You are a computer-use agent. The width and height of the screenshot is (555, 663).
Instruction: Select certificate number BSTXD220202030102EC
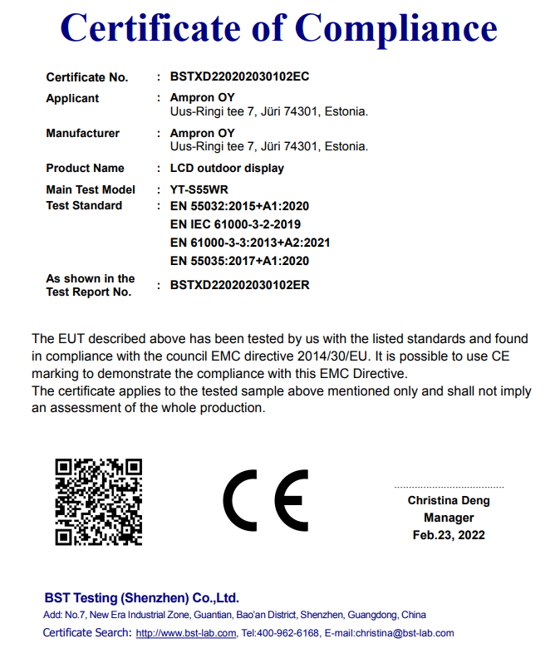[239, 76]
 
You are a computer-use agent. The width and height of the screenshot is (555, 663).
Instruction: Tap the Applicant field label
[72, 98]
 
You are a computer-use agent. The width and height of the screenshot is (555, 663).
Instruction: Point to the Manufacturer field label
[82, 133]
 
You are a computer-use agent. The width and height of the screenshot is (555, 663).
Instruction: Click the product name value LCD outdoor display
[227, 168]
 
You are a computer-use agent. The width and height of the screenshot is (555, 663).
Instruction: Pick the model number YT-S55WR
[199, 189]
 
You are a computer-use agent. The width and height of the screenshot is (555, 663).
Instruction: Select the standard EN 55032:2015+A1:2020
[239, 205]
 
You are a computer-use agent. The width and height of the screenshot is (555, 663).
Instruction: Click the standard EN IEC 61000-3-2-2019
[235, 224]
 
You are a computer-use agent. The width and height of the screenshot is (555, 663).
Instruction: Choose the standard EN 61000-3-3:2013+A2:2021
[250, 243]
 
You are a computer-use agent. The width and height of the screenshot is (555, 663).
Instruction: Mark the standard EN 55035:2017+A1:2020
[239, 261]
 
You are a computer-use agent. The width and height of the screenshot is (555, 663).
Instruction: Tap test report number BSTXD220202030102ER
[239, 284]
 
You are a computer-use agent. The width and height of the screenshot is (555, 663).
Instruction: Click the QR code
[99, 502]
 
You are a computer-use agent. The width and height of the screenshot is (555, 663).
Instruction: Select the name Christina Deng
[449, 500]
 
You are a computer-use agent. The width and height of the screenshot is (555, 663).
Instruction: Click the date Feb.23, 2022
[449, 535]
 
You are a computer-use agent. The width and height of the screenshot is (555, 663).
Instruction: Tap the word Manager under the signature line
[449, 518]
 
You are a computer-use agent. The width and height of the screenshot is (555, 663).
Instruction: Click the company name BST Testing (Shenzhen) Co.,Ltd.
[141, 597]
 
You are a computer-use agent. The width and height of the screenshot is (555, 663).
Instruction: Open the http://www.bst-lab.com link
[185, 633]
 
